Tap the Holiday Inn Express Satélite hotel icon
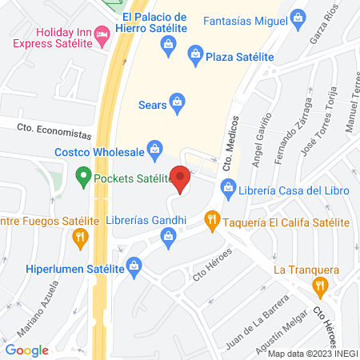[x=102, y=34]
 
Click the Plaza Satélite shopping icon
[x=194, y=54]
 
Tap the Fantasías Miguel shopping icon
[x=298, y=17]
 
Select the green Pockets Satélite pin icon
[x=82, y=174]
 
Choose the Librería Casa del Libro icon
[x=228, y=190]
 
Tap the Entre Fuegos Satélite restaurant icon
[x=79, y=238]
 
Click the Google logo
[x=27, y=350]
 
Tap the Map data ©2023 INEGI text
[x=312, y=354]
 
